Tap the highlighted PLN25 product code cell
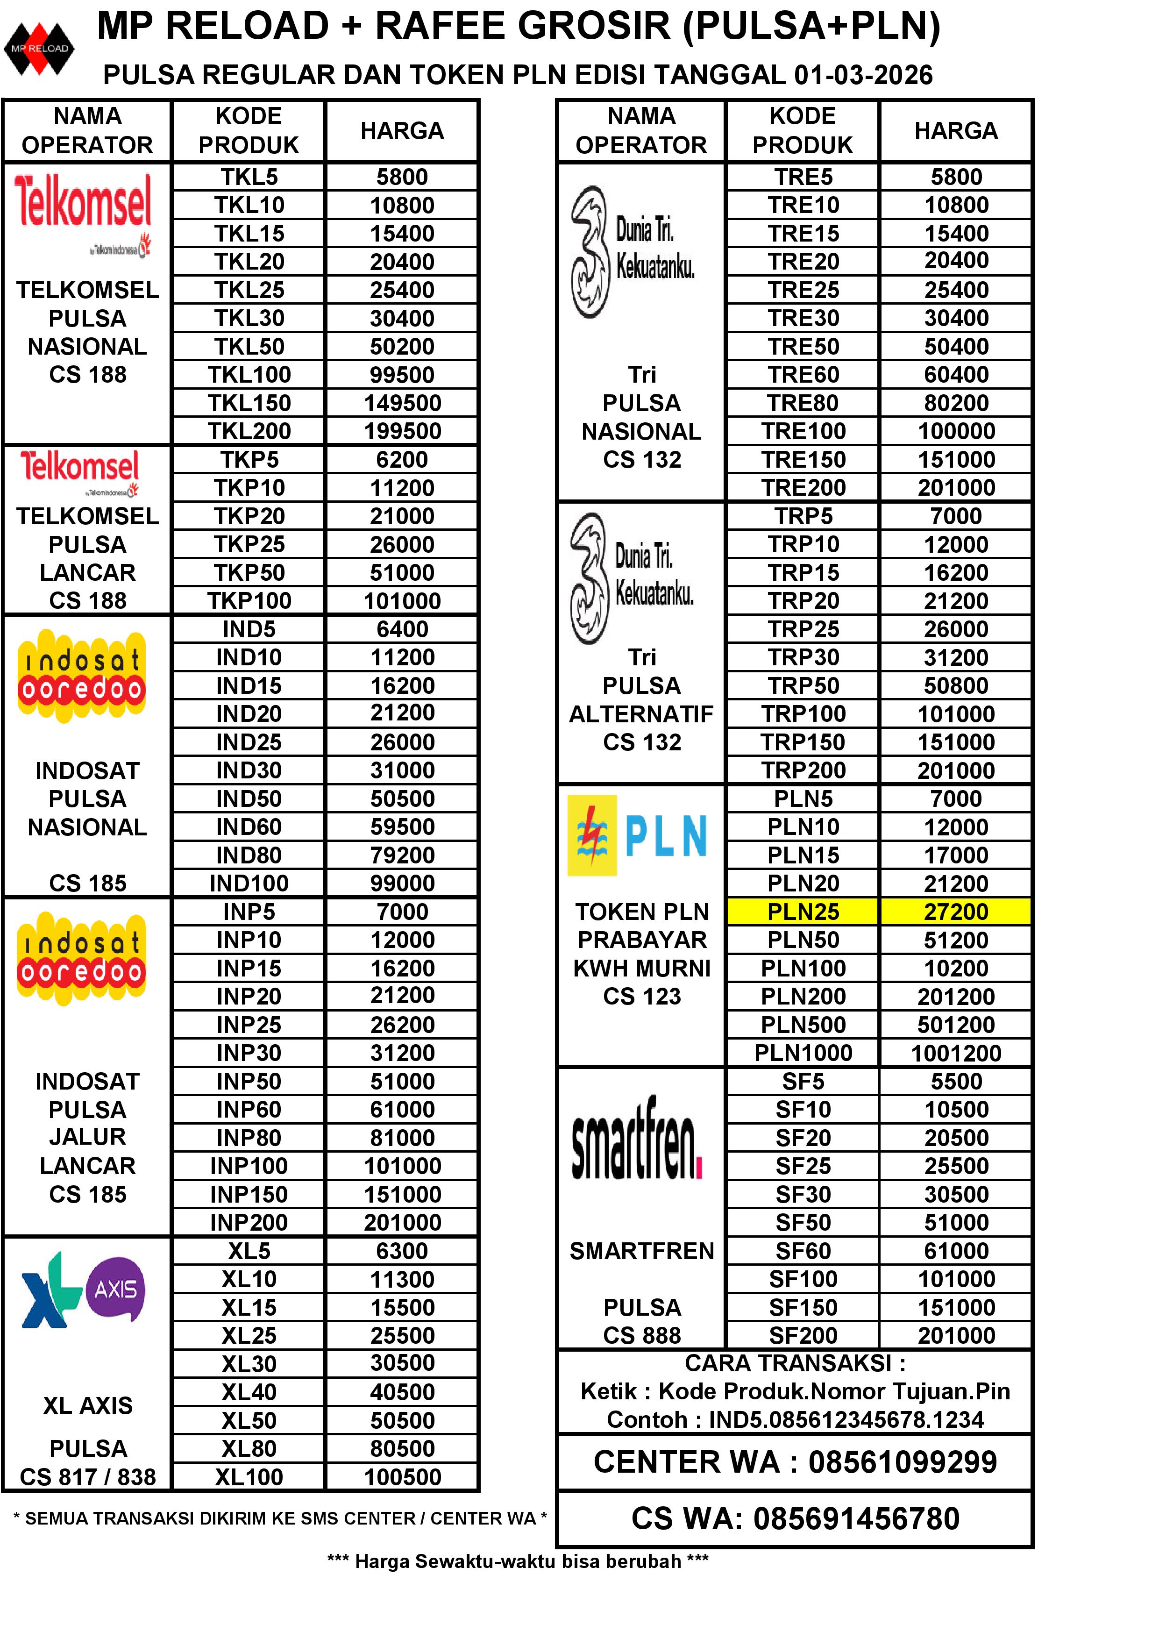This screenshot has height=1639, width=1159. (803, 912)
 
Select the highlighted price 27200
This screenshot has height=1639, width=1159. (956, 912)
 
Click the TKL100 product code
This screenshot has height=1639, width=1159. (249, 375)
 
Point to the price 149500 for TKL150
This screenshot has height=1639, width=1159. (402, 403)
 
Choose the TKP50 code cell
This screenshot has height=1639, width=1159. (249, 572)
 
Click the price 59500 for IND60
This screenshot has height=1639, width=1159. (402, 827)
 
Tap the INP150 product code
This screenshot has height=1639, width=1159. (249, 1194)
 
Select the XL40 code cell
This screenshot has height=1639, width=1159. (249, 1392)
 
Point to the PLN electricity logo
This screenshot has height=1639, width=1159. (637, 835)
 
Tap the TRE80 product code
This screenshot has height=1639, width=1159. (803, 403)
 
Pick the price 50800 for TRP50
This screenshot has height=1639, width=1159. (956, 686)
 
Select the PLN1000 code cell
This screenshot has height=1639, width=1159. (803, 1053)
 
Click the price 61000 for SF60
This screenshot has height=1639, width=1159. (956, 1251)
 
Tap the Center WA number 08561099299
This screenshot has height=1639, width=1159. (902, 1462)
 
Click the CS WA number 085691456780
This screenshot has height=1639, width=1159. (856, 1519)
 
